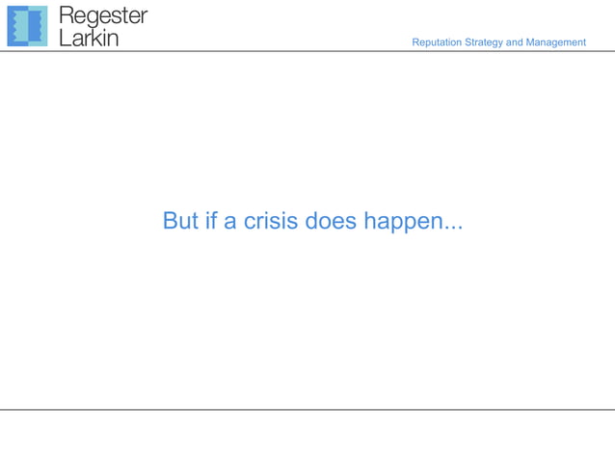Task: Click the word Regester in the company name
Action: [103, 16]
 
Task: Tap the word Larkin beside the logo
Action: [89, 38]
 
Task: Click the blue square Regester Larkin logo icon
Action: [27, 26]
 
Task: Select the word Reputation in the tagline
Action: [437, 42]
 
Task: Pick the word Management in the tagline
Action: [556, 42]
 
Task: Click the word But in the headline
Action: [180, 221]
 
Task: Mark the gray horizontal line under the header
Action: [307, 51]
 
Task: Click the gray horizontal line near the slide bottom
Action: [307, 409]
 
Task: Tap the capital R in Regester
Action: [67, 16]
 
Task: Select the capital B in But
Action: [170, 221]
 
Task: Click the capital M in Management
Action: [531, 42]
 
